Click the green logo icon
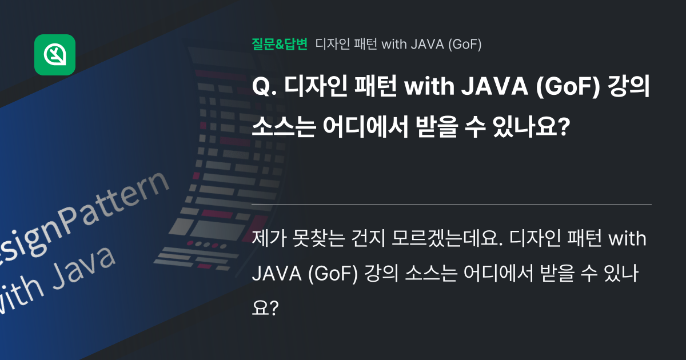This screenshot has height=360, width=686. coord(55,55)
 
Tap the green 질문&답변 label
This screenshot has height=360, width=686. coord(280,44)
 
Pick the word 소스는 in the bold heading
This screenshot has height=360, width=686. coord(284,127)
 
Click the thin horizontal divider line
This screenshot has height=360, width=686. coord(452,204)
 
